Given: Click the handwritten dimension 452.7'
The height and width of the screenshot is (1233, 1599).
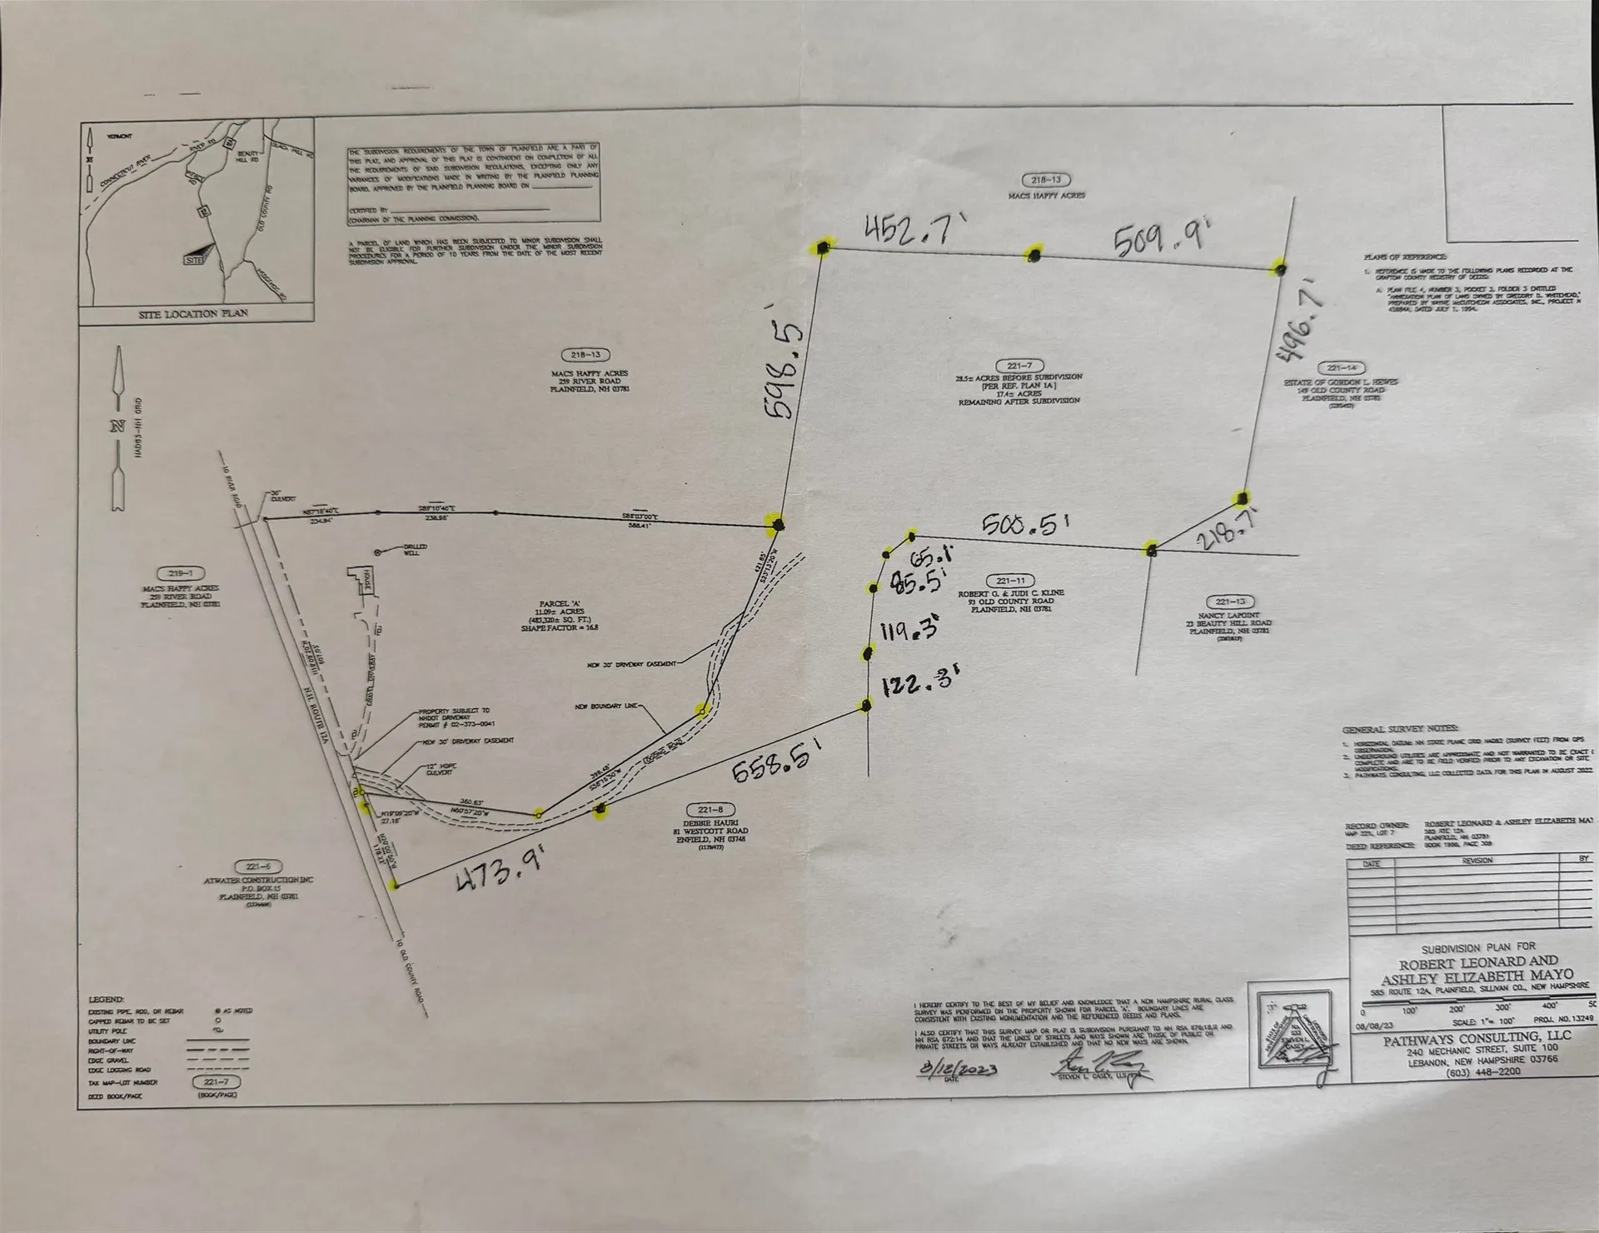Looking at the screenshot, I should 907,231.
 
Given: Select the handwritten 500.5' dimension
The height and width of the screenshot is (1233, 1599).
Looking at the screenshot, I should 1024,524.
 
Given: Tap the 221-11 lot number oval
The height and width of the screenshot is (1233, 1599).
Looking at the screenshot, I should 1011,581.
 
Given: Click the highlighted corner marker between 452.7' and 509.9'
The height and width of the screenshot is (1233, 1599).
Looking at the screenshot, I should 1034,255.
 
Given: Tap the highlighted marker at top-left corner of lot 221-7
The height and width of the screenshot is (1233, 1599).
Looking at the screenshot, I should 823,247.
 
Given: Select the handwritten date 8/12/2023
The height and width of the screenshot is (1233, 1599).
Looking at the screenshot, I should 959,1068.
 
